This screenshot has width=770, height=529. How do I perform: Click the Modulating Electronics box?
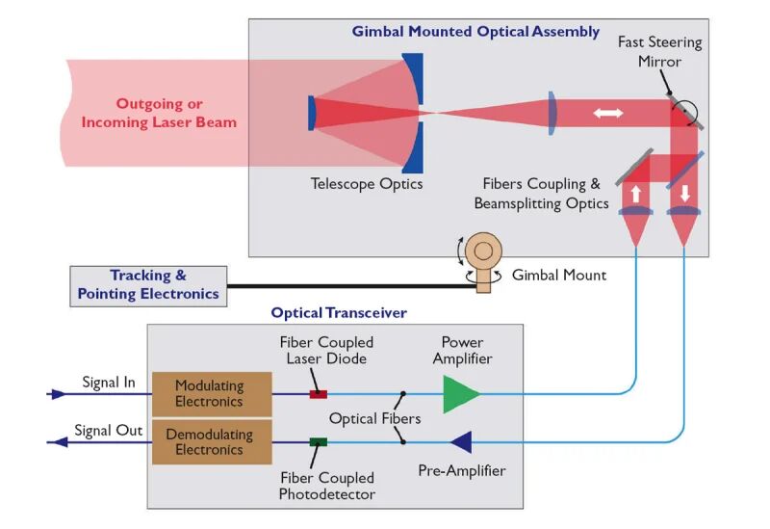tap(208, 393)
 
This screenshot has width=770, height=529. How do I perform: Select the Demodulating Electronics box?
tap(208, 442)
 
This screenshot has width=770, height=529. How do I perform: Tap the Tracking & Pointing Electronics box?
tap(148, 286)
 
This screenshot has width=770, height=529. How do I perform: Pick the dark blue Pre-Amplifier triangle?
tap(461, 442)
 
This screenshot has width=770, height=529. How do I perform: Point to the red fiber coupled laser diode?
tap(318, 394)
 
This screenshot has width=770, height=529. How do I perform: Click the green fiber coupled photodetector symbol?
tap(318, 442)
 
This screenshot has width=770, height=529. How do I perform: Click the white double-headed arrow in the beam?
tap(607, 114)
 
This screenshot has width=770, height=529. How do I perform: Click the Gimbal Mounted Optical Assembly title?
tap(475, 33)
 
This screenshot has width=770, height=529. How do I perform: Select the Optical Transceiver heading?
tap(339, 313)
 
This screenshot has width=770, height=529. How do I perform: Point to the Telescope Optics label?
tap(367, 183)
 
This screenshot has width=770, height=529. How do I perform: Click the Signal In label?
tap(109, 383)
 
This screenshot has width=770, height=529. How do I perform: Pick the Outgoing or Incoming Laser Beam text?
tap(159, 113)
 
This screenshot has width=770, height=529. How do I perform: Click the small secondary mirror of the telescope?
tap(313, 112)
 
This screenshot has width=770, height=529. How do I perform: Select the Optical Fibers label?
tap(373, 419)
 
